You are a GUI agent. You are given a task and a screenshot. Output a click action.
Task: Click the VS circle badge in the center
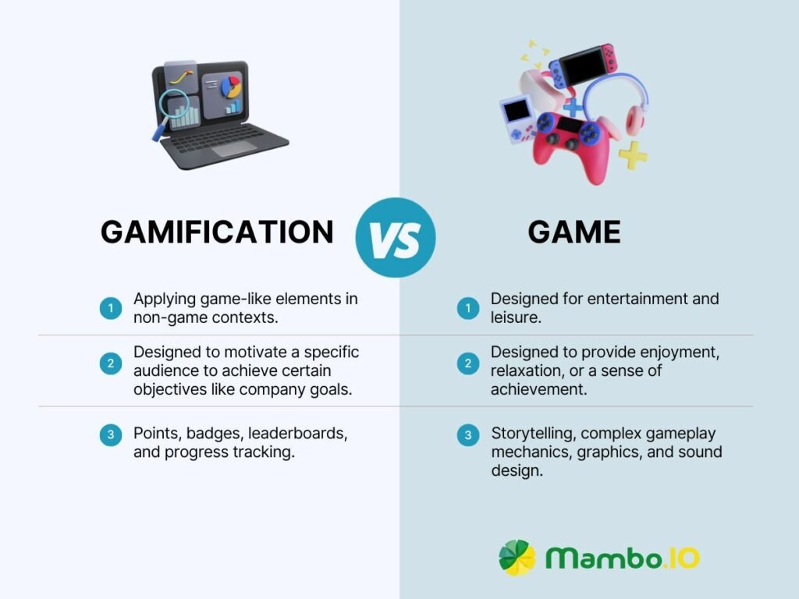point(396,237)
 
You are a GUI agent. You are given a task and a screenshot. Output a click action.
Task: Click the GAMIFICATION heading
point(217,232)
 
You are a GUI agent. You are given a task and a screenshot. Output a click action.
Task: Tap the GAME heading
point(574,232)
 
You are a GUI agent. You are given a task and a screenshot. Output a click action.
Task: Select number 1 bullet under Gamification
point(111,308)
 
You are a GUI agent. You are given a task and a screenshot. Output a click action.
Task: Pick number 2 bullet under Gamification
point(111,363)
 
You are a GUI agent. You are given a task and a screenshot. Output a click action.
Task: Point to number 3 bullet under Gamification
point(111,435)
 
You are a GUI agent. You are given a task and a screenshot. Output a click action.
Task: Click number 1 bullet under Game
point(468,308)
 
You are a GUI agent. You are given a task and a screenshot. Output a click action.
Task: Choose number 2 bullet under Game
point(468,363)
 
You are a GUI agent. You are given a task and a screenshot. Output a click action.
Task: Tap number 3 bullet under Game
point(468,435)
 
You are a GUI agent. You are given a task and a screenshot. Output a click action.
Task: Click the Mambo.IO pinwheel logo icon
point(517,558)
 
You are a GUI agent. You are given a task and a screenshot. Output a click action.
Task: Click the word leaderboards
point(297,434)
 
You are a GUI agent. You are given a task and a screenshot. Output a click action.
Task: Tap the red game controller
point(570,145)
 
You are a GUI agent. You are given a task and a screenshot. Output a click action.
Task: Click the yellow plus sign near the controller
point(633,155)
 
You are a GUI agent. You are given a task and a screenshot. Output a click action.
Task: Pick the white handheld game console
point(517,119)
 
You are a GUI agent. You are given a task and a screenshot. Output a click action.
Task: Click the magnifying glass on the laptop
point(172,109)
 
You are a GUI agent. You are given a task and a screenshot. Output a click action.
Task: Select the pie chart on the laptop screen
point(231,87)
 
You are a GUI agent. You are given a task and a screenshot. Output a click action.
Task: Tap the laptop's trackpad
point(234,149)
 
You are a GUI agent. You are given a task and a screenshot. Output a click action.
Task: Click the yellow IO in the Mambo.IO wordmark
point(683,558)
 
